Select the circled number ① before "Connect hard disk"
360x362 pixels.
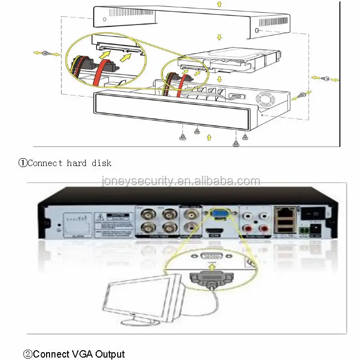tap(23, 163)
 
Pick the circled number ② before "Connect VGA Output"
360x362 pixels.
tap(28, 354)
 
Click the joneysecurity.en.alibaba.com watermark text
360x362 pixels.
tap(180, 181)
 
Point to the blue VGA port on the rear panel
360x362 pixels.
tap(218, 214)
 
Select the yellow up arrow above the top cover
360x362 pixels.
tap(218, 3)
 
